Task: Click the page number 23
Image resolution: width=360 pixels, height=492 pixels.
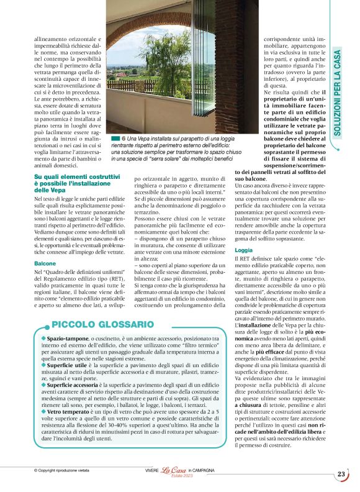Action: coord(341,475)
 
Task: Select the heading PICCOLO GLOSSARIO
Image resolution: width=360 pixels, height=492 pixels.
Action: coord(102,324)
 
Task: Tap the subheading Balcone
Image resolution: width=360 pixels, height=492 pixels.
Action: coord(45,263)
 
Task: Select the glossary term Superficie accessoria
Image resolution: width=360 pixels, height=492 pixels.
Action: coord(71,385)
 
